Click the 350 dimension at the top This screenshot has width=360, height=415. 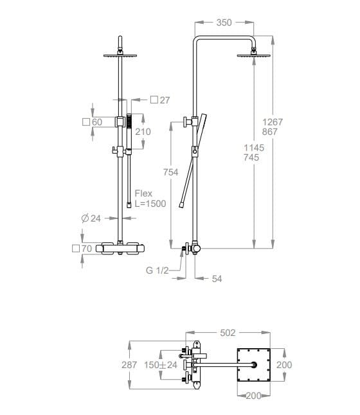(x=224, y=22)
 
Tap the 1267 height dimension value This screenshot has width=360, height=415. (x=273, y=122)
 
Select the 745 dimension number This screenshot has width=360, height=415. (x=251, y=157)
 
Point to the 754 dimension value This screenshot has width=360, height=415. (x=170, y=172)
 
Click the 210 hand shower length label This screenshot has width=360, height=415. (x=143, y=132)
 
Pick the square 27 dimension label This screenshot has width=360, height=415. (x=160, y=100)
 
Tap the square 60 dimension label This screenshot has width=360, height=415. (x=92, y=122)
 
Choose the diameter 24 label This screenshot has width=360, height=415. (x=91, y=218)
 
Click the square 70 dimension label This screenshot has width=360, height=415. (x=82, y=249)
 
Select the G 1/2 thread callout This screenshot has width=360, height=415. (x=157, y=270)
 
